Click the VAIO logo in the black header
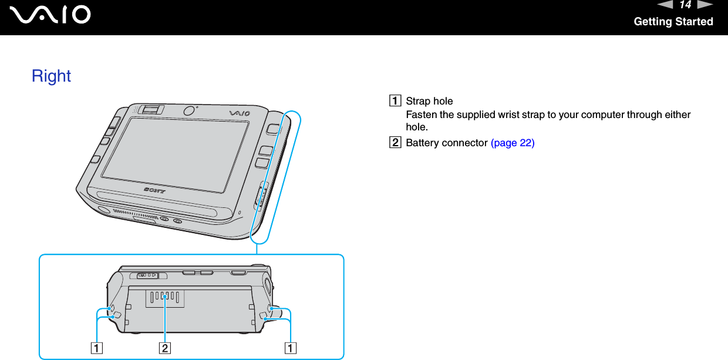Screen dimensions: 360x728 (53, 15)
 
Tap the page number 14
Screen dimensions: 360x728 (685, 5)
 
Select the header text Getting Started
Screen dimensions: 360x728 (673, 22)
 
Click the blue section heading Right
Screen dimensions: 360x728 (51, 76)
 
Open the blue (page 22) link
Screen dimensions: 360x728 (512, 143)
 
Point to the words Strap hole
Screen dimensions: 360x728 (429, 101)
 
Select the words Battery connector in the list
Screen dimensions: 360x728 (447, 143)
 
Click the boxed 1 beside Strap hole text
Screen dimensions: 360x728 (398, 101)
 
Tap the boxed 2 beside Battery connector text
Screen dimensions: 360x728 (398, 143)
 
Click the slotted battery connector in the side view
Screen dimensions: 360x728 (164, 298)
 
